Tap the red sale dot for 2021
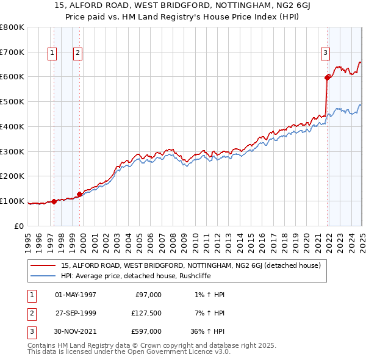[328, 77]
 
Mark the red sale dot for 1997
[54, 201]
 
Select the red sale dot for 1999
[80, 194]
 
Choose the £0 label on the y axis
[19, 226]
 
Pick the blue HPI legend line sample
[44, 275]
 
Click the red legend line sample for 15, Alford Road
[44, 265]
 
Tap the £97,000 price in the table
[148, 295]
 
